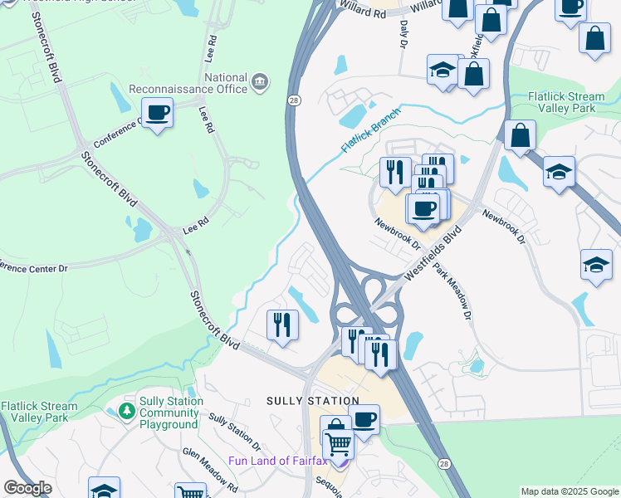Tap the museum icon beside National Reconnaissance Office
(260, 81)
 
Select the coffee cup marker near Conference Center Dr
(157, 112)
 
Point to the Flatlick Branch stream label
(369, 130)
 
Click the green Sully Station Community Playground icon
(126, 412)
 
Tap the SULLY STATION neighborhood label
(312, 401)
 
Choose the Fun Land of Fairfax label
(282, 461)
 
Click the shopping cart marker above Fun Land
(338, 444)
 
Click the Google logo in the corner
(27, 488)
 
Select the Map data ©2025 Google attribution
(570, 491)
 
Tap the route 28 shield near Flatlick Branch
(295, 100)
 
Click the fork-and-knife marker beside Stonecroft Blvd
(282, 324)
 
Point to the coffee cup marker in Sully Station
(364, 419)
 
